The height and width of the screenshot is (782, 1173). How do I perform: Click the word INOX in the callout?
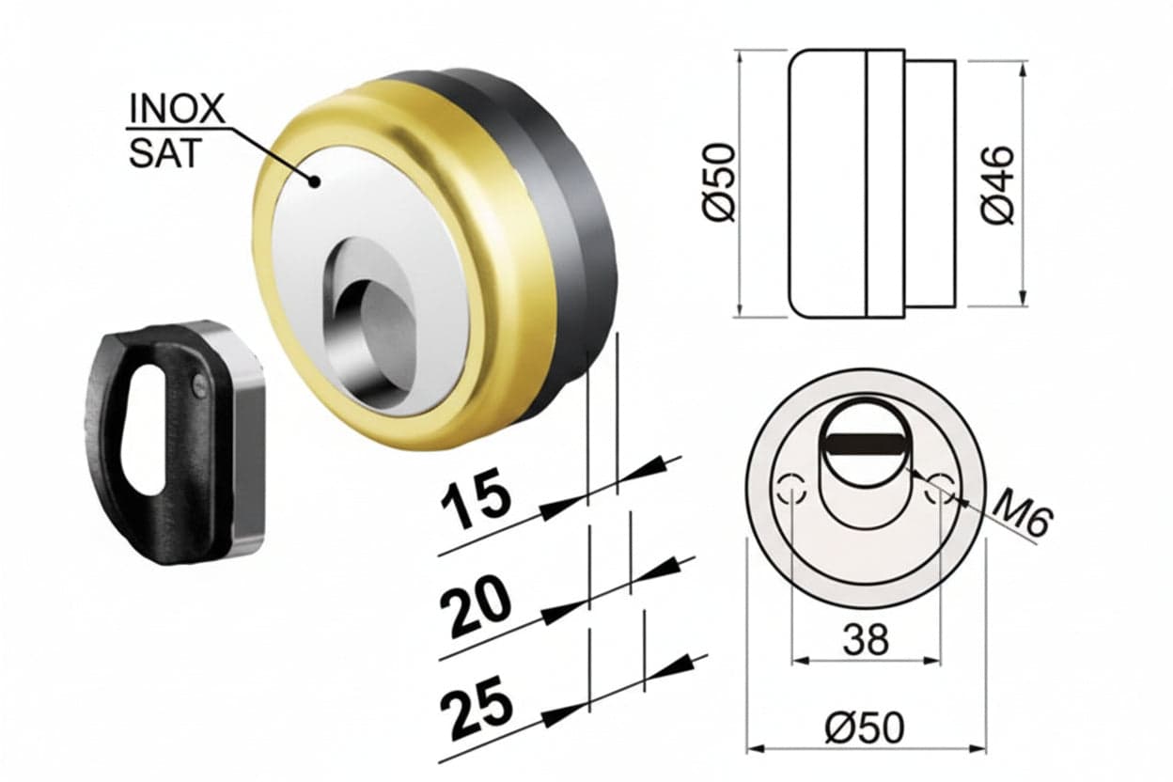click(x=177, y=108)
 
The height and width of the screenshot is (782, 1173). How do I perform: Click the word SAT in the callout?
click(x=165, y=153)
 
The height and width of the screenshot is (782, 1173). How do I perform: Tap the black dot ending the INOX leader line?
click(x=314, y=182)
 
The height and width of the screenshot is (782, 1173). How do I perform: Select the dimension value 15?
click(x=475, y=505)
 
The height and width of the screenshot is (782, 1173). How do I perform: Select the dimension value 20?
click(x=476, y=609)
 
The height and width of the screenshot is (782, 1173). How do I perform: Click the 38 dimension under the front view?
click(x=866, y=639)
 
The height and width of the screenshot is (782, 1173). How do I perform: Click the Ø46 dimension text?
click(x=997, y=185)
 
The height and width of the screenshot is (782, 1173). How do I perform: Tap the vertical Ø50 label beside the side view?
click(x=720, y=181)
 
